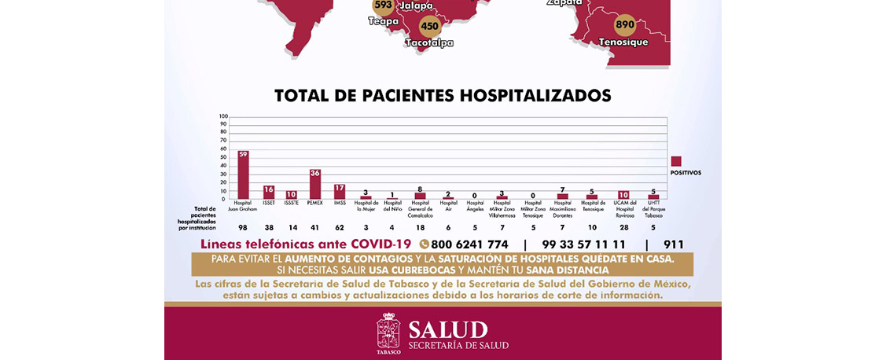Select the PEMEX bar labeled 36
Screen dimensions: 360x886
(314, 184)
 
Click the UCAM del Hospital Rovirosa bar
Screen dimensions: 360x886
(623, 195)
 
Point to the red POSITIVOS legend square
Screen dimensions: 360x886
(675, 161)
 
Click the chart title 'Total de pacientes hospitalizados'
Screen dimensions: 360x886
(443, 96)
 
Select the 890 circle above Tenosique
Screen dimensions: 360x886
(626, 25)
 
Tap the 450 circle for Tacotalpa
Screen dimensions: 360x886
(429, 27)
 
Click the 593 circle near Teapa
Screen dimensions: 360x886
(383, 6)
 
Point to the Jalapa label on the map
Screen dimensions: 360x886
(417, 6)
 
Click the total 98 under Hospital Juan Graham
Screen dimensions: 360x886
(243, 226)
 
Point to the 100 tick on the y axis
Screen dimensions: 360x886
(223, 116)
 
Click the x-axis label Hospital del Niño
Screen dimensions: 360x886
(392, 207)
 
